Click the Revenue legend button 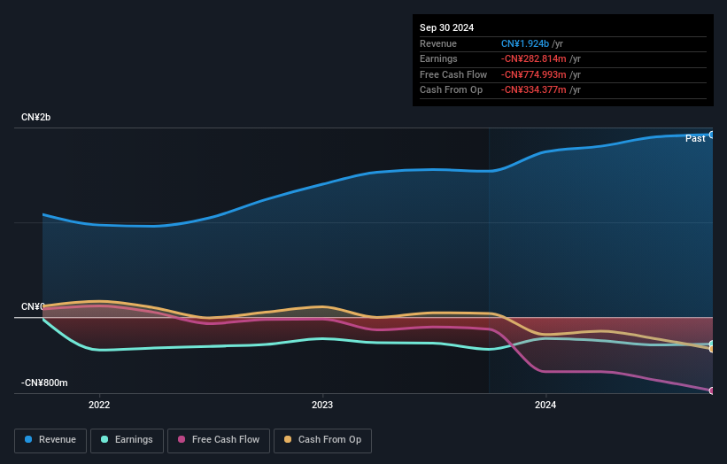(50, 439)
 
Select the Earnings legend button (127, 439)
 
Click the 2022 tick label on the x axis (99, 405)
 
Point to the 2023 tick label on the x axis (322, 405)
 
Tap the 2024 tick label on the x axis (546, 405)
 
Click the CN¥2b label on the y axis (35, 118)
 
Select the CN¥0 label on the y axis (33, 306)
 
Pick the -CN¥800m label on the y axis (44, 383)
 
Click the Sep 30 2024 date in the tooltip (446, 27)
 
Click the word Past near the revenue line (695, 138)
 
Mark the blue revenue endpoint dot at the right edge (712, 135)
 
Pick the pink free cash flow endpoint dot (712, 391)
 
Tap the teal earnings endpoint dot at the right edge (712, 344)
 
